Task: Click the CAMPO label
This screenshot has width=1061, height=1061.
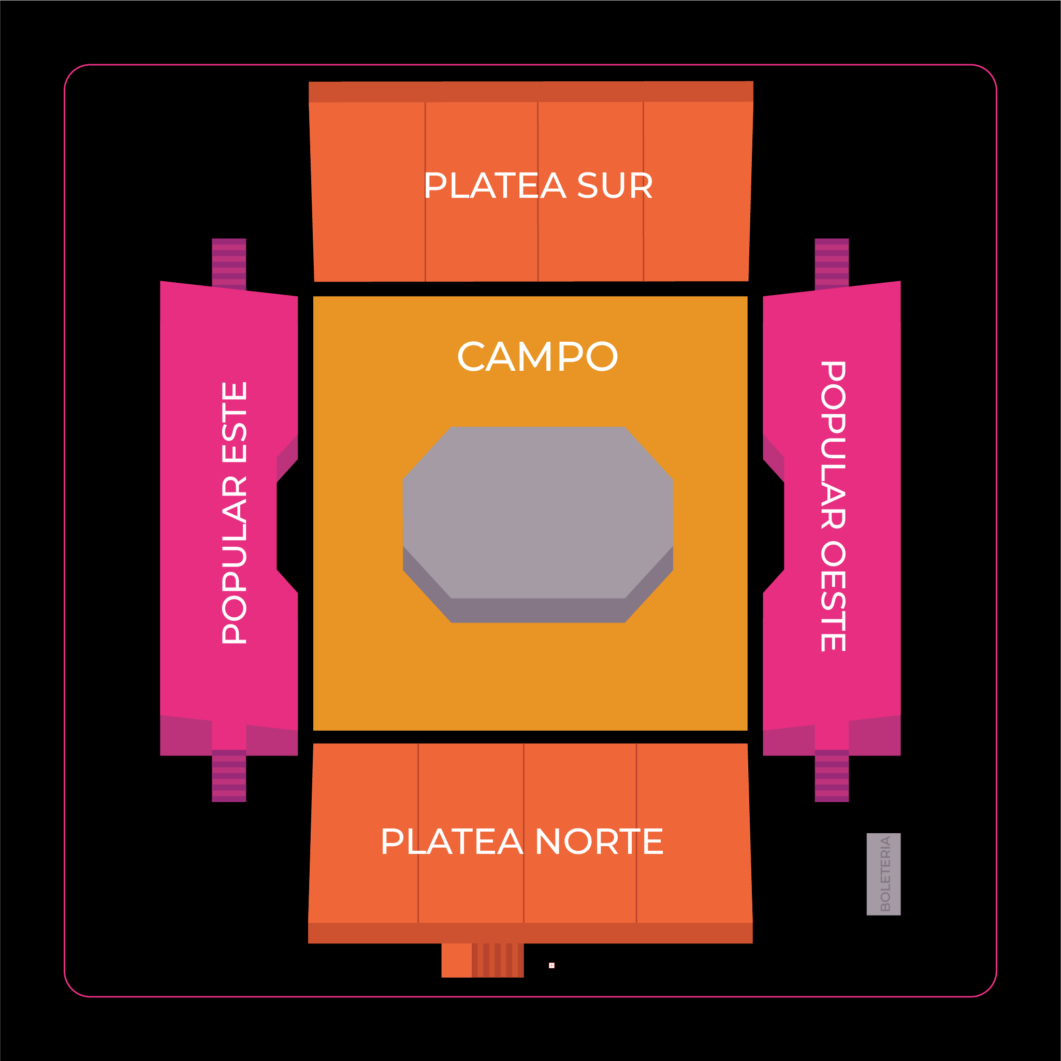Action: pyautogui.click(x=537, y=357)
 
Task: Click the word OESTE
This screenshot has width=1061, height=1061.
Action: pyautogui.click(x=833, y=597)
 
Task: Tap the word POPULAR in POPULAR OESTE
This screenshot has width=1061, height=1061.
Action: pyautogui.click(x=833, y=445)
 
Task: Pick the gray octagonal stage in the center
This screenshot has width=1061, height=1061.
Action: pyautogui.click(x=537, y=516)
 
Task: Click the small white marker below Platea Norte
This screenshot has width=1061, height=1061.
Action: pyautogui.click(x=551, y=965)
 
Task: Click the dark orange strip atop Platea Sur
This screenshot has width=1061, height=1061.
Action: pyautogui.click(x=530, y=92)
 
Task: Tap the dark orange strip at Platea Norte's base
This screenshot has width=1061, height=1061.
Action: pyautogui.click(x=530, y=933)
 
